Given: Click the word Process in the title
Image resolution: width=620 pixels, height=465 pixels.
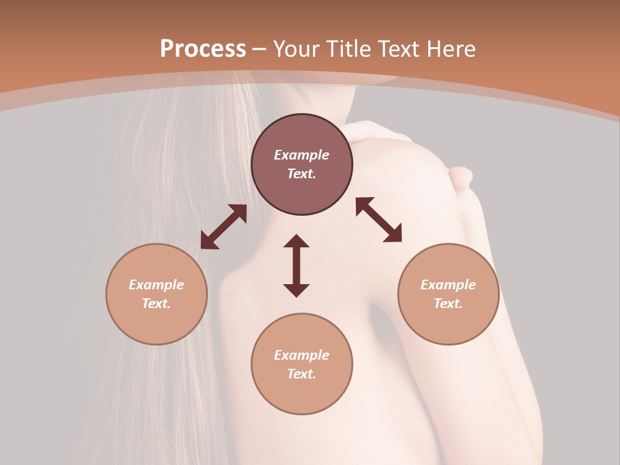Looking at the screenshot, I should pyautogui.click(x=203, y=49).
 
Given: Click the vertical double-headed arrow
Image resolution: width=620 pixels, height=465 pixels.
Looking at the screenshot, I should pyautogui.click(x=296, y=265).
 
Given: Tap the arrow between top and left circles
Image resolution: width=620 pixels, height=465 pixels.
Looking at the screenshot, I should pyautogui.click(x=223, y=227).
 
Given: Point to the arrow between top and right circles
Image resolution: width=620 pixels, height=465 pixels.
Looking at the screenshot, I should pyautogui.click(x=378, y=220).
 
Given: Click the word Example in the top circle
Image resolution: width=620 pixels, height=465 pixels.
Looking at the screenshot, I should pyautogui.click(x=302, y=155).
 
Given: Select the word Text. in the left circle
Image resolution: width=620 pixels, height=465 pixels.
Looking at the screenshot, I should pyautogui.click(x=156, y=304).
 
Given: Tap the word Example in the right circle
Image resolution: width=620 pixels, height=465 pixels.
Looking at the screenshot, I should pyautogui.click(x=448, y=285).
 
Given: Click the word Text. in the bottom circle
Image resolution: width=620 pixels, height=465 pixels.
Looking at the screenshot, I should pyautogui.click(x=302, y=374).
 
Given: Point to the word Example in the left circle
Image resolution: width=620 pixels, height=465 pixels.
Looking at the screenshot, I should pyautogui.click(x=156, y=285).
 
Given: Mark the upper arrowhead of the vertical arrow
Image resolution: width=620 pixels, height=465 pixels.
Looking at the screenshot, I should pyautogui.click(x=296, y=240).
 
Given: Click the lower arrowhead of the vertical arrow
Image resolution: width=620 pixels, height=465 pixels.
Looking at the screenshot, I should pyautogui.click(x=296, y=290).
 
